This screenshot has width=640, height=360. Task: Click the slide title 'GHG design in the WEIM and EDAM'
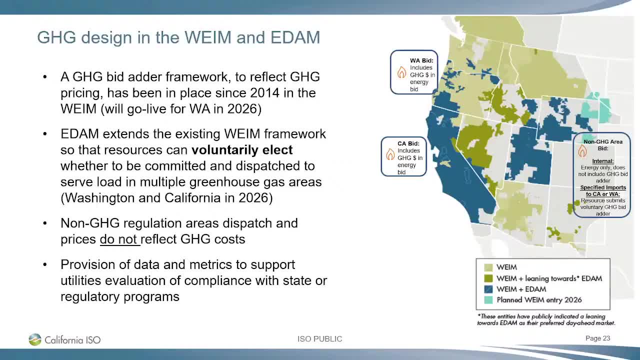[x=178, y=37]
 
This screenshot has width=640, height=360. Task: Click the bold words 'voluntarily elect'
[x=242, y=150]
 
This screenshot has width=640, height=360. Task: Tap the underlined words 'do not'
[x=119, y=239]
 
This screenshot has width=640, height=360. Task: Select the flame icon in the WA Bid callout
[x=401, y=73]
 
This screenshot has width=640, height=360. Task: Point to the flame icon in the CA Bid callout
[x=390, y=154]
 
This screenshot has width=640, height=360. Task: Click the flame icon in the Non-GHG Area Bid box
[x=582, y=151]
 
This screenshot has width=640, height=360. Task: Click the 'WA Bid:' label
[x=421, y=60]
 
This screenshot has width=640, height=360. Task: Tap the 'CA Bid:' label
[x=408, y=143]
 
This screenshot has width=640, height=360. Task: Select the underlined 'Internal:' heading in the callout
[x=602, y=161]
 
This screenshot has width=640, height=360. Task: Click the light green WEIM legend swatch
[x=487, y=267]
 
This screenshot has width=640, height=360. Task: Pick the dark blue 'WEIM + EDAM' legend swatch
[x=487, y=289]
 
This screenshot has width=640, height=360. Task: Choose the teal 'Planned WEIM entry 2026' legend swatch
[x=487, y=300]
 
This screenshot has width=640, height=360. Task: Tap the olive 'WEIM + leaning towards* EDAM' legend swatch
[x=487, y=278]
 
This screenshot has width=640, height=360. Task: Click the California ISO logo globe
[x=34, y=339]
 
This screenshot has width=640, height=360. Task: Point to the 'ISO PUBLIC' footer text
[x=319, y=339]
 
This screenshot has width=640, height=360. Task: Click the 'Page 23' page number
[x=597, y=338]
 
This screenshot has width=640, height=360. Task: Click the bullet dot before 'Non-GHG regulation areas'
[x=45, y=223]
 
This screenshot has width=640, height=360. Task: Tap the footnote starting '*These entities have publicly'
[x=545, y=319]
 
